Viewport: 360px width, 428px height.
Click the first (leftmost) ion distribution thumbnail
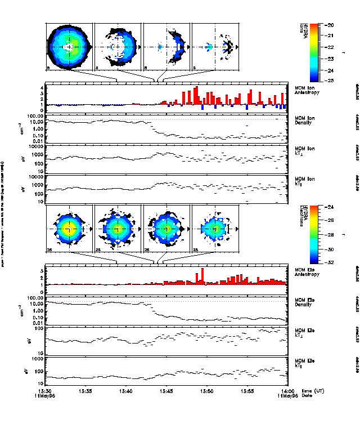coord(69,47)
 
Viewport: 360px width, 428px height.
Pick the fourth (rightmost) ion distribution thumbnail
coord(215,47)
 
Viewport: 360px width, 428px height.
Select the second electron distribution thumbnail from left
coord(118,229)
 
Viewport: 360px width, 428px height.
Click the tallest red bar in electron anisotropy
coord(202,276)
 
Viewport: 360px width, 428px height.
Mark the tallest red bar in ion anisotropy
coord(196,96)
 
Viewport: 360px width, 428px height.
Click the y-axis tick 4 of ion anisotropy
coord(41,88)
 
